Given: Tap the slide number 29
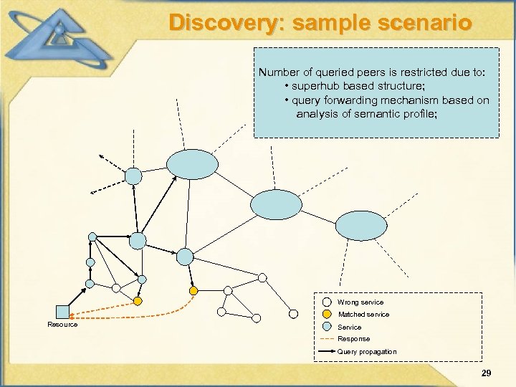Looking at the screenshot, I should pyautogui.click(x=486, y=373).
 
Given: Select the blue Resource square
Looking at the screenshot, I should pyautogui.click(x=62, y=312).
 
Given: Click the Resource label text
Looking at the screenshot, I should pyautogui.click(x=62, y=325).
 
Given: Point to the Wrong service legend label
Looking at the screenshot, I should pyautogui.click(x=360, y=302).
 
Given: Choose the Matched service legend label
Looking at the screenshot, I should pyautogui.click(x=363, y=315).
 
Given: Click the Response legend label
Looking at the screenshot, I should pyautogui.click(x=354, y=338).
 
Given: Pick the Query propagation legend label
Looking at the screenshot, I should pyautogui.click(x=367, y=351).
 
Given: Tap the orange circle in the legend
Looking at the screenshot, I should pyautogui.click(x=327, y=314).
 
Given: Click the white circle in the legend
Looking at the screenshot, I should pyautogui.click(x=327, y=302).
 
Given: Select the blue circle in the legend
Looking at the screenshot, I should pyautogui.click(x=327, y=326).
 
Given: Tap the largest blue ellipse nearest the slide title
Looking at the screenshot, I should pyautogui.click(x=192, y=164).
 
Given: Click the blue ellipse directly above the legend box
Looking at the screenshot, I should pyautogui.click(x=356, y=226).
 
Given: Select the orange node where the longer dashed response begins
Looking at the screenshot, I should pyautogui.click(x=193, y=290).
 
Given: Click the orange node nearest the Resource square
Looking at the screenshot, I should pyautogui.click(x=138, y=301).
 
